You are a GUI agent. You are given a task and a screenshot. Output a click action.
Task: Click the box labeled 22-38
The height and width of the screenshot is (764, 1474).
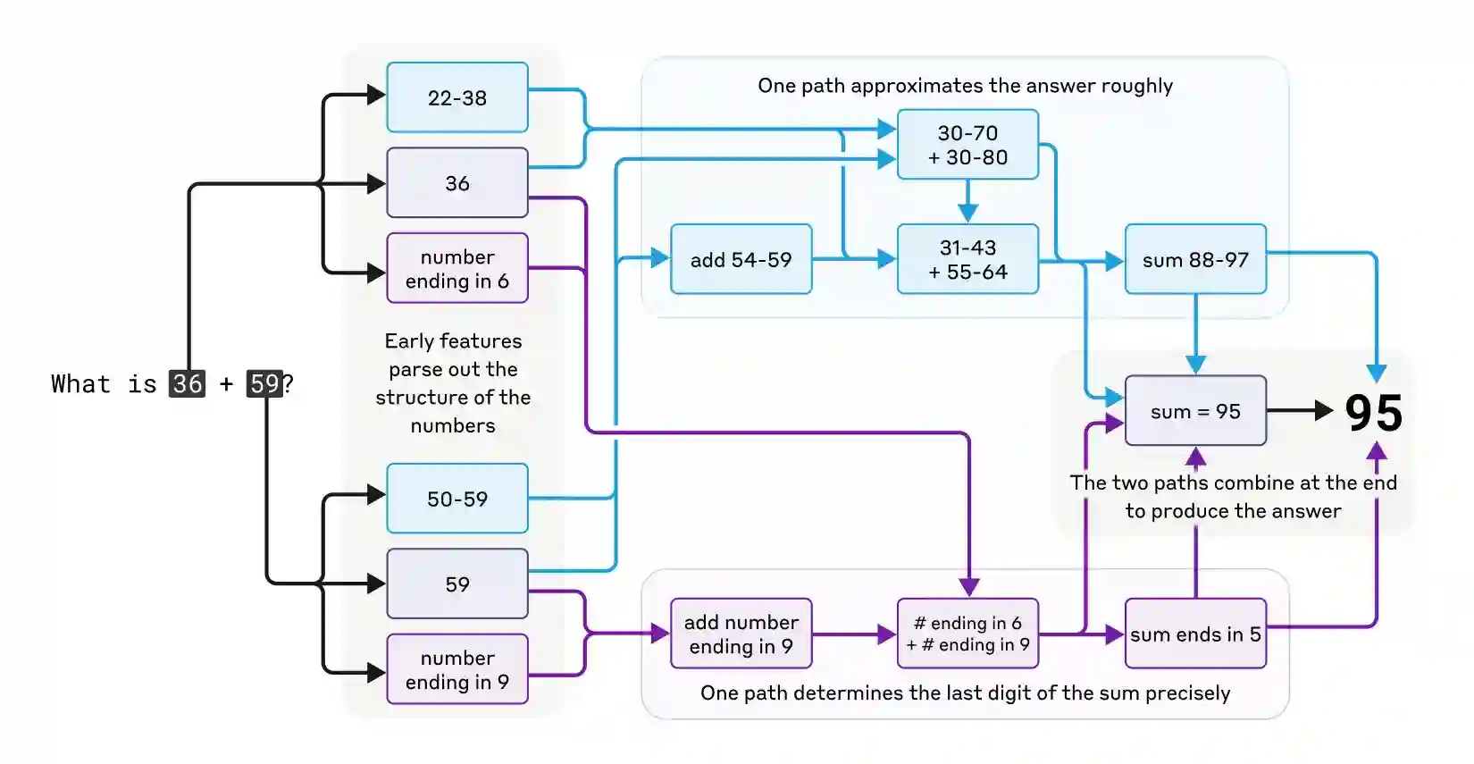click(x=456, y=97)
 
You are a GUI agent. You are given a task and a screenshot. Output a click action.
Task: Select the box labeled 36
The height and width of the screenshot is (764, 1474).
click(x=456, y=183)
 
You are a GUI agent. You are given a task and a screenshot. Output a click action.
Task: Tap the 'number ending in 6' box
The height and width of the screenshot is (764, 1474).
click(x=456, y=268)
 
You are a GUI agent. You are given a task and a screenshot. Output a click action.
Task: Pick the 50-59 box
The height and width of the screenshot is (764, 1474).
click(x=456, y=499)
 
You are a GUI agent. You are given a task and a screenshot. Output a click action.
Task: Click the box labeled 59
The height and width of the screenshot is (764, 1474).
click(x=456, y=584)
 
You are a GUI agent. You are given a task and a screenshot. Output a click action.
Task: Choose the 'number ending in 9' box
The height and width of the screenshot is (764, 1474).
click(x=456, y=669)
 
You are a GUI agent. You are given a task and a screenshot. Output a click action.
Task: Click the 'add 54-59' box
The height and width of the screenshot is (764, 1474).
click(x=741, y=259)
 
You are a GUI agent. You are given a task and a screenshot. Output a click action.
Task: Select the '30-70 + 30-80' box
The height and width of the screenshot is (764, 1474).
click(x=967, y=145)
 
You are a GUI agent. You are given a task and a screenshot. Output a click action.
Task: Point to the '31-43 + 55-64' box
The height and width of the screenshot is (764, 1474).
click(x=967, y=259)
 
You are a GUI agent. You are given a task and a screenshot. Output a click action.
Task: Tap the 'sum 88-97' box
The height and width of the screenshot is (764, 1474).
click(x=1195, y=259)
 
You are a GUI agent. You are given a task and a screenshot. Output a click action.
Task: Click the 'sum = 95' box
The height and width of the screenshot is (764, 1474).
click(x=1195, y=411)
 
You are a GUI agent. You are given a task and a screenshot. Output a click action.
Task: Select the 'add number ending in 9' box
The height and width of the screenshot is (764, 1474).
click(x=741, y=634)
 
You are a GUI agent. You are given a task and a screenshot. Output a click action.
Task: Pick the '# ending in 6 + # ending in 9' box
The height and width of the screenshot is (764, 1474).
click(x=967, y=634)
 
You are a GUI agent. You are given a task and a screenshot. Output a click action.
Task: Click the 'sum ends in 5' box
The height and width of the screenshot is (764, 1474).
click(x=1195, y=634)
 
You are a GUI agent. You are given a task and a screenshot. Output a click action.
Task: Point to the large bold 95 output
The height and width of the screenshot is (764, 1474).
click(x=1374, y=413)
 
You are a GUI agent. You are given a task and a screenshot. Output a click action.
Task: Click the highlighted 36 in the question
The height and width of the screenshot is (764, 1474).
click(x=187, y=384)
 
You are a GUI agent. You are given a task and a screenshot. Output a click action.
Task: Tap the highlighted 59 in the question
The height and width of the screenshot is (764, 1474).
click(x=264, y=384)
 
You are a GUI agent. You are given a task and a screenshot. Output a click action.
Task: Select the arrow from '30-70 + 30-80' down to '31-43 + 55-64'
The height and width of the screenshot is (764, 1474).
click(x=967, y=202)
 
